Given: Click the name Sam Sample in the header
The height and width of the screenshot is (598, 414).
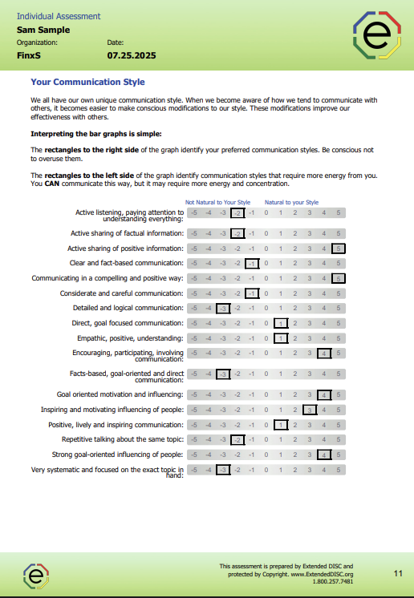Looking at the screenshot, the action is [43, 30].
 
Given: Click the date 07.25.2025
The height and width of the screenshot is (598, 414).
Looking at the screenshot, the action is [131, 55].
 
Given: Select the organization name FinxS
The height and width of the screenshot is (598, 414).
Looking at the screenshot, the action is [29, 55].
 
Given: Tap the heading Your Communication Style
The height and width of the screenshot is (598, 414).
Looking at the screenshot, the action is [87, 82].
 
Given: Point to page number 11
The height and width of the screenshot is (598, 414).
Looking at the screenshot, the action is [398, 573].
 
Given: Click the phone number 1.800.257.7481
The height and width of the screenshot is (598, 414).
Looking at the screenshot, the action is [334, 581].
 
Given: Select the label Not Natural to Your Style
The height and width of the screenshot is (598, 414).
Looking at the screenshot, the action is [218, 202].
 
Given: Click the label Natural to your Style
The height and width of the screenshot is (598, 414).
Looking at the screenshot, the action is [291, 202].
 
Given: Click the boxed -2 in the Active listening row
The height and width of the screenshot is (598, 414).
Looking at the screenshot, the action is [237, 212].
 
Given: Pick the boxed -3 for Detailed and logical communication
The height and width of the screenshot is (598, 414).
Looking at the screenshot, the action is [223, 308].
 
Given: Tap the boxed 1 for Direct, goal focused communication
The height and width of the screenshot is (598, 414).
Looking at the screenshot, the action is [281, 323].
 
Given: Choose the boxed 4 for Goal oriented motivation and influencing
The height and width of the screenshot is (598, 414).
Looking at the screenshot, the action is [324, 394].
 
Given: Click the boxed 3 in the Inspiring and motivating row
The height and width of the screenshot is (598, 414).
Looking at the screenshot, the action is [310, 410].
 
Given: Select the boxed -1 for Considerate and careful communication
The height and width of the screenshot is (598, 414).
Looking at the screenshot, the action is [252, 293].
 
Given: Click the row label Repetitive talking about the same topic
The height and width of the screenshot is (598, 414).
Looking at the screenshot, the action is [123, 439].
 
